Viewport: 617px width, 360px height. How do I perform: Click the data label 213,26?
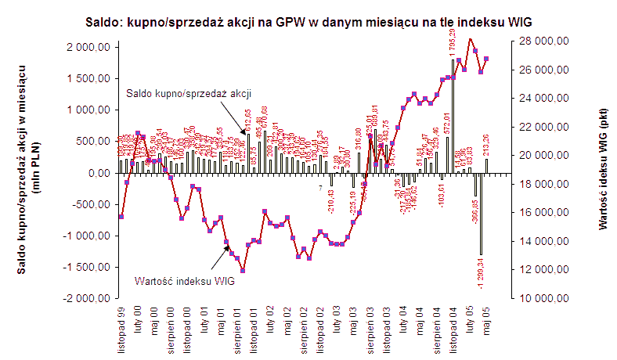coord(486,144)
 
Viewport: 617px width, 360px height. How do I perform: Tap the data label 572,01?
coord(447,124)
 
